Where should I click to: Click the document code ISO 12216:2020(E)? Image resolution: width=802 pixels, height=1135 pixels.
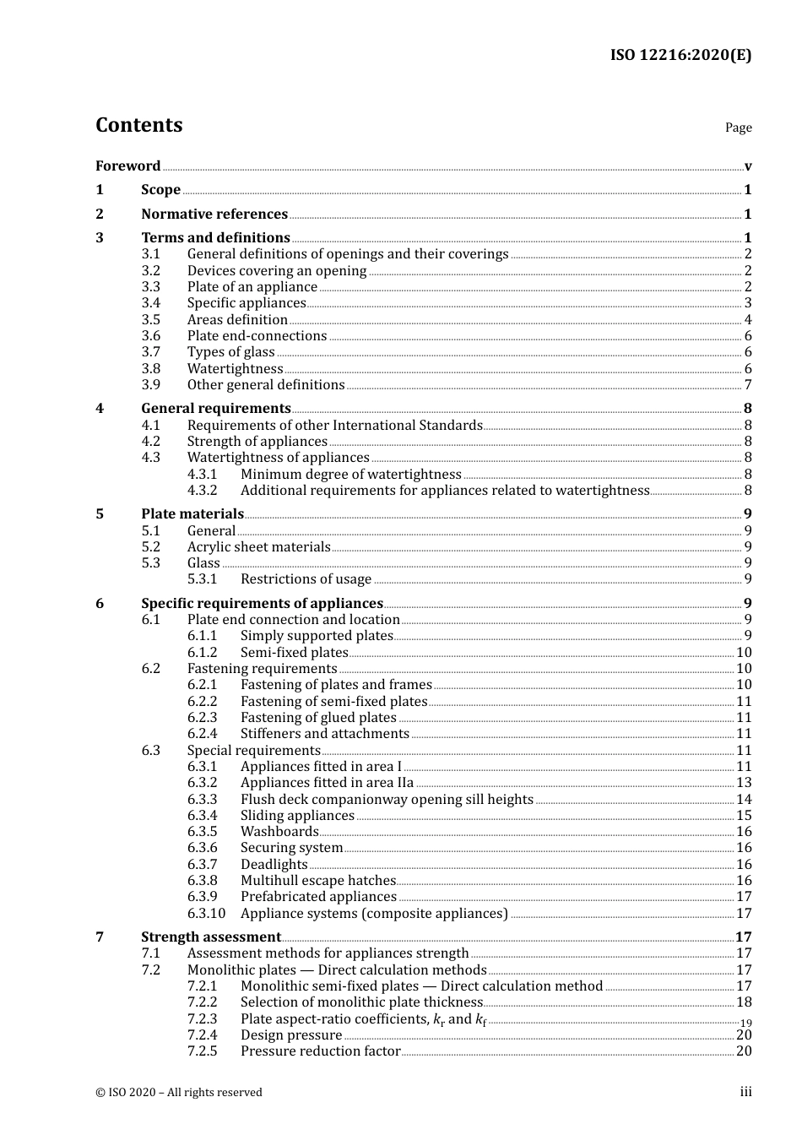click(680, 56)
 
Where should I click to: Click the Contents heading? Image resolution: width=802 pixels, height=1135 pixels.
click(138, 125)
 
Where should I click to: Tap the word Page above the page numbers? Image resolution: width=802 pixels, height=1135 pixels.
click(738, 128)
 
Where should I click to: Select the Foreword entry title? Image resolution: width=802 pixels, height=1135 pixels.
click(127, 166)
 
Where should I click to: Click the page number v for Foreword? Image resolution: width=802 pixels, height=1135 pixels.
click(748, 166)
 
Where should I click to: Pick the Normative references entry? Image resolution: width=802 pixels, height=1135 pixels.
click(214, 215)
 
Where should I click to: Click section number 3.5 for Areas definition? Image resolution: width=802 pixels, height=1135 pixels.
click(150, 320)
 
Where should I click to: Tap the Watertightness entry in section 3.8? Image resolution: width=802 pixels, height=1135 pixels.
click(235, 369)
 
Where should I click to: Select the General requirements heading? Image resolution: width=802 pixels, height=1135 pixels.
click(216, 409)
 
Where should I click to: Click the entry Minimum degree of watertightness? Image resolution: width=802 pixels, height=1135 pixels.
click(350, 475)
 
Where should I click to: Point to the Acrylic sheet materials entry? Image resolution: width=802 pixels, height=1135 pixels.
click(258, 547)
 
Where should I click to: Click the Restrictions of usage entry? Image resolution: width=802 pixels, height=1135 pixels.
click(306, 579)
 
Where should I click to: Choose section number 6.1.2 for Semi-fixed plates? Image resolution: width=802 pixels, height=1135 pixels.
click(202, 653)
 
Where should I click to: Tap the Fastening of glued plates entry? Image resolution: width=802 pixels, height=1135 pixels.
click(318, 718)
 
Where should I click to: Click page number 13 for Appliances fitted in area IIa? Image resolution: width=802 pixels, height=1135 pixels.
click(744, 783)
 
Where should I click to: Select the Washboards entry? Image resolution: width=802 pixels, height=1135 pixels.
click(279, 832)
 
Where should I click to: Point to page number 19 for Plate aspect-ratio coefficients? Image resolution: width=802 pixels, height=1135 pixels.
click(745, 1022)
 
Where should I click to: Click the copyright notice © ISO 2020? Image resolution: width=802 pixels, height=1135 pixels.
click(178, 1092)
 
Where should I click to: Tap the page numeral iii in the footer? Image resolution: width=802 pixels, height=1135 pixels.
click(745, 1092)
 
